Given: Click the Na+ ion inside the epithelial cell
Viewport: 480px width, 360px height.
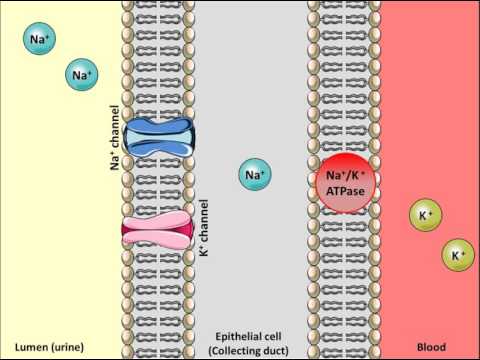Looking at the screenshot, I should (x=255, y=176).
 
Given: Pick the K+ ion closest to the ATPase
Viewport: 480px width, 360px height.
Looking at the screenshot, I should (x=425, y=215).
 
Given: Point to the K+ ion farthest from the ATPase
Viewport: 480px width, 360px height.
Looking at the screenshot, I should (x=458, y=256).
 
